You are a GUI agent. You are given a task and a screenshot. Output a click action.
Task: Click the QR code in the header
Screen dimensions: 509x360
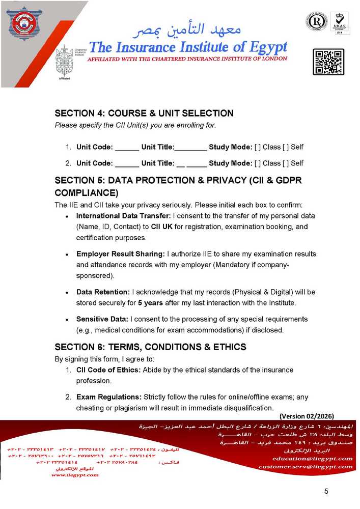pos(328,62)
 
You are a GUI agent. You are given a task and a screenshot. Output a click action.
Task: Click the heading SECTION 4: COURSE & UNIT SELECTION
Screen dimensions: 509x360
pos(144,113)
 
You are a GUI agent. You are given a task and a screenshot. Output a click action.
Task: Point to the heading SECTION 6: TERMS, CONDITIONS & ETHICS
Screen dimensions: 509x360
pos(150,347)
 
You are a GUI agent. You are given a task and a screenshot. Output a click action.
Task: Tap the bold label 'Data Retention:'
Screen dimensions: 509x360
pos(103,292)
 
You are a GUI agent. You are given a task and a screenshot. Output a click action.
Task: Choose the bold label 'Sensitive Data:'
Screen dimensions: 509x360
pos(102,319)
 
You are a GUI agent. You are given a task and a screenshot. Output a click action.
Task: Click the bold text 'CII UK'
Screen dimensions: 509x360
pos(162,227)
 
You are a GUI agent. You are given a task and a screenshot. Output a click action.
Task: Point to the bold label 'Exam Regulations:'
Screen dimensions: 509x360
pos(108,397)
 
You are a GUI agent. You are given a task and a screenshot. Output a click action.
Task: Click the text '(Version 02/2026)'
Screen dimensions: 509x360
pos(307,416)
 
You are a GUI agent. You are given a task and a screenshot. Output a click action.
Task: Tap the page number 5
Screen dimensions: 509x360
pos(326,491)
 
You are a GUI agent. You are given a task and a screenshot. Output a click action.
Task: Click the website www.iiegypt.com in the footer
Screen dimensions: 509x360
pos(75,474)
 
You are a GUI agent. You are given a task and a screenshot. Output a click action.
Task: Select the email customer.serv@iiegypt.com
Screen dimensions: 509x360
pos(306,466)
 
